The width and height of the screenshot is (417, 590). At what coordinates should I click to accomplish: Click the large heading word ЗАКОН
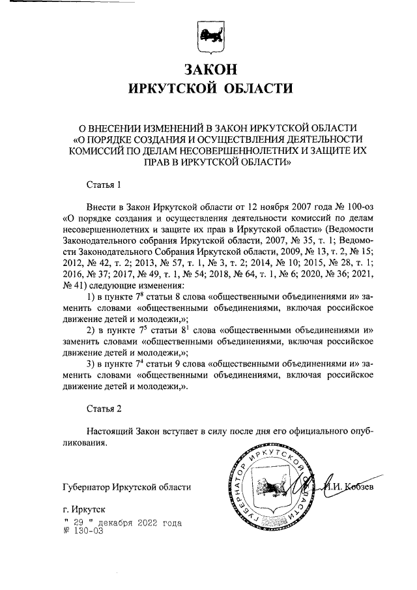coord(208,68)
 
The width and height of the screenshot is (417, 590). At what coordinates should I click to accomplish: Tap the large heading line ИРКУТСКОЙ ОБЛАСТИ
coord(208,87)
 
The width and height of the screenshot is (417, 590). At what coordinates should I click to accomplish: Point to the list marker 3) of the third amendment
coord(91,360)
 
